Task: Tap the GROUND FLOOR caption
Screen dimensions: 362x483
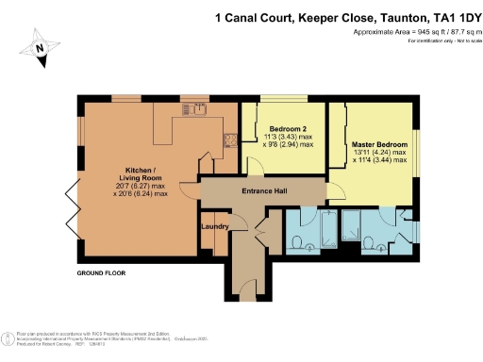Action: point(103,273)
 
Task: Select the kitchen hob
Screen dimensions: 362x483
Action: point(229,141)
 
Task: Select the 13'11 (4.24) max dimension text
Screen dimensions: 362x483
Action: point(378,152)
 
